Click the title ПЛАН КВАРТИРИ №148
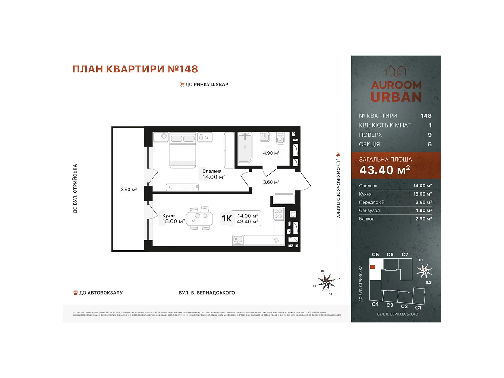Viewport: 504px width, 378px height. pyautogui.click(x=135, y=69)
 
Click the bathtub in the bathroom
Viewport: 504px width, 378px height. pyautogui.click(x=245, y=147)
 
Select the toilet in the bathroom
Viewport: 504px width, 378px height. pyautogui.click(x=280, y=139)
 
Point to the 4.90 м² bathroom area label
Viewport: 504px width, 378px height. pyautogui.click(x=271, y=153)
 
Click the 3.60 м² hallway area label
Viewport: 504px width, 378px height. pyautogui.click(x=271, y=182)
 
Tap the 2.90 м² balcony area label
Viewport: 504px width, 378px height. pyautogui.click(x=129, y=189)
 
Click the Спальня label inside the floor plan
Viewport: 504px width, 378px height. pyautogui.click(x=212, y=171)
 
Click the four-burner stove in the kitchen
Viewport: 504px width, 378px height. pyautogui.click(x=278, y=214)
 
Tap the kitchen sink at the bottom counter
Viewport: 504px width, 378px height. pyautogui.click(x=238, y=240)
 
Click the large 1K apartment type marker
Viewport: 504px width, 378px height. pyautogui.click(x=227, y=218)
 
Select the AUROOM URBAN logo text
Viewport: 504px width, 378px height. pyautogui.click(x=396, y=91)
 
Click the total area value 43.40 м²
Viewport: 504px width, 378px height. pyautogui.click(x=385, y=170)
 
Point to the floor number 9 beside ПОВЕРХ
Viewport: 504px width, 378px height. pyautogui.click(x=429, y=135)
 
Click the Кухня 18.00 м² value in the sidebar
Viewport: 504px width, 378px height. pyautogui.click(x=422, y=194)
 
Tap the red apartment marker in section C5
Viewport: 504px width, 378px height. pyautogui.click(x=373, y=267)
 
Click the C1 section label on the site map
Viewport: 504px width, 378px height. pyautogui.click(x=418, y=308)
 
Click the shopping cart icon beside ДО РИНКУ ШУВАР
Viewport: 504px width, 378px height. pyautogui.click(x=182, y=84)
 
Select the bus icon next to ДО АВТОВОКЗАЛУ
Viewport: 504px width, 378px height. pyautogui.click(x=76, y=293)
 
